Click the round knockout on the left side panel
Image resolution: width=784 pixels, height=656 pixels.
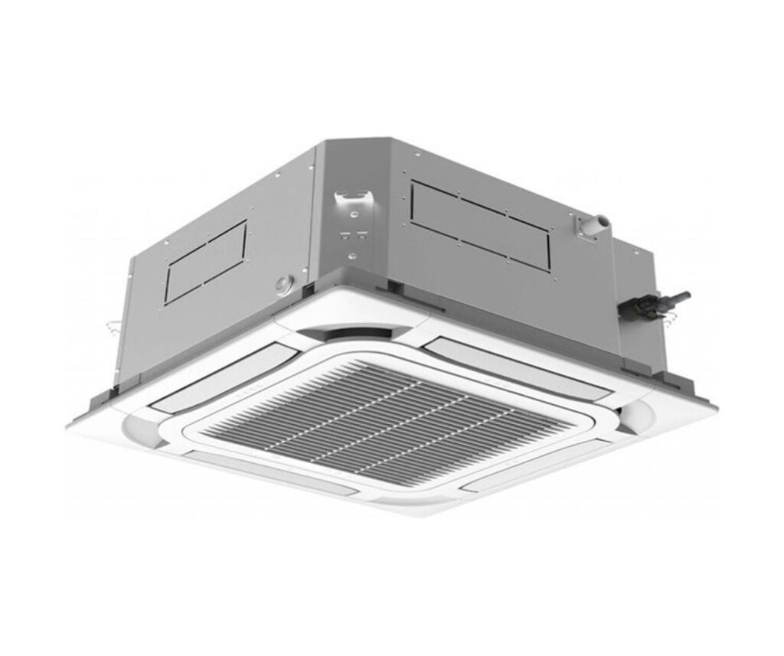point(284,285)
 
